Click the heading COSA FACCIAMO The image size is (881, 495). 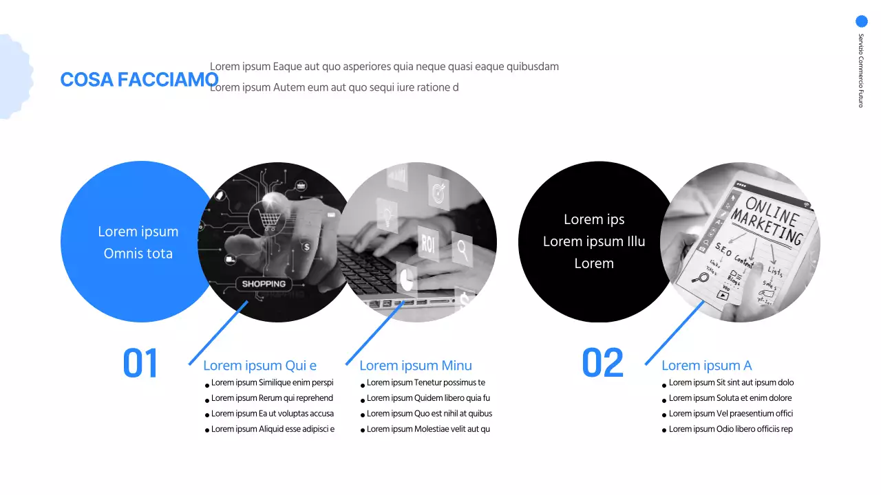pyautogui.click(x=139, y=80)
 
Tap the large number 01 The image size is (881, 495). pyautogui.click(x=140, y=364)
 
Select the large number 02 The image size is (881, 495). pyautogui.click(x=602, y=364)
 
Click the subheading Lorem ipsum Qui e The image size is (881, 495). pyautogui.click(x=259, y=366)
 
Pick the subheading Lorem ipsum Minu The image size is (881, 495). pyautogui.click(x=416, y=366)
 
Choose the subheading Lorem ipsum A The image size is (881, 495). pyautogui.click(x=706, y=366)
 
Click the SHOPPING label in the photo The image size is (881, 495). pyautogui.click(x=264, y=284)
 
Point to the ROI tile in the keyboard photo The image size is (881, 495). pyautogui.click(x=429, y=242)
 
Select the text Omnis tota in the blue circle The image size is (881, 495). pyautogui.click(x=138, y=254)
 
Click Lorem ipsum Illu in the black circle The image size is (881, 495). pyautogui.click(x=594, y=241)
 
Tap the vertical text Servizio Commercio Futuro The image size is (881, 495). pyautogui.click(x=860, y=70)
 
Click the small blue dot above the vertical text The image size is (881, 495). pyautogui.click(x=861, y=21)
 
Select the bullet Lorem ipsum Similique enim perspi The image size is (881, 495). pyautogui.click(x=272, y=383)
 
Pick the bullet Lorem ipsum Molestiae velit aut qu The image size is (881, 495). pyautogui.click(x=428, y=429)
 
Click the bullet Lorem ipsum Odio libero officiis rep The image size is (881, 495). pyautogui.click(x=730, y=429)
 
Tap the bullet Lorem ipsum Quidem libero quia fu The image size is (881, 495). pyautogui.click(x=428, y=398)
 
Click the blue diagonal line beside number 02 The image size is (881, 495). pyautogui.click(x=675, y=333)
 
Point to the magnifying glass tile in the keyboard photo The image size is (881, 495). pyautogui.click(x=462, y=248)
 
